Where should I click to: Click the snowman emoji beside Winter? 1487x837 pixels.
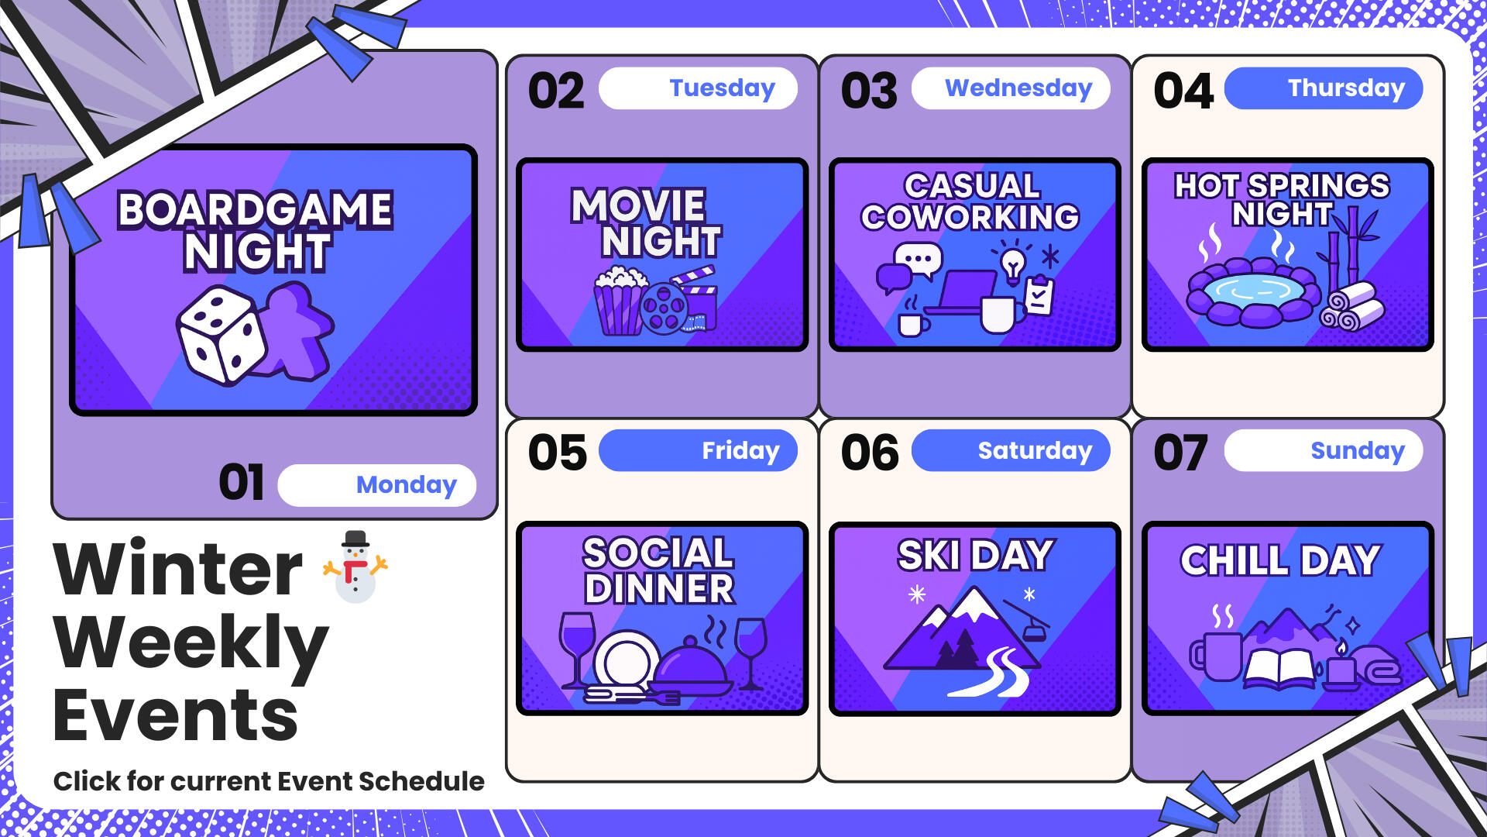[355, 567]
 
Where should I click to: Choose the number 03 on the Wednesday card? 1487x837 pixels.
[869, 91]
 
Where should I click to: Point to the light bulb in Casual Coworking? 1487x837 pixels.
[1012, 265]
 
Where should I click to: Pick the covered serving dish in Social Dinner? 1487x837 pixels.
[689, 666]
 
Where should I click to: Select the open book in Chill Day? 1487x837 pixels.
[1279, 669]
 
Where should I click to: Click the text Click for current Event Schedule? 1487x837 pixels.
[269, 781]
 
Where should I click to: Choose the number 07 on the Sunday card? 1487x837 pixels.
[1180, 453]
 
